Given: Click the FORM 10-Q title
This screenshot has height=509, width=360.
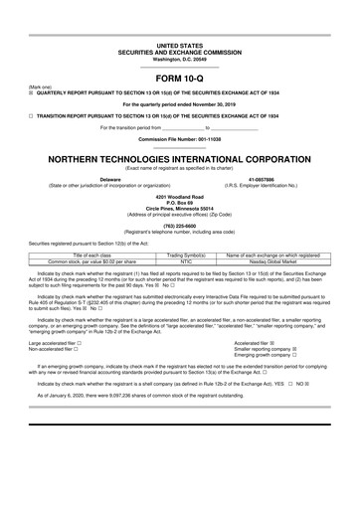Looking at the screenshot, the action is (x=179, y=78).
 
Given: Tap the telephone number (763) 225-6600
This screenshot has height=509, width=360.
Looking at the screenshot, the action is (x=179, y=225).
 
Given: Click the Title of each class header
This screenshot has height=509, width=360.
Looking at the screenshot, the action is (x=91, y=255).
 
